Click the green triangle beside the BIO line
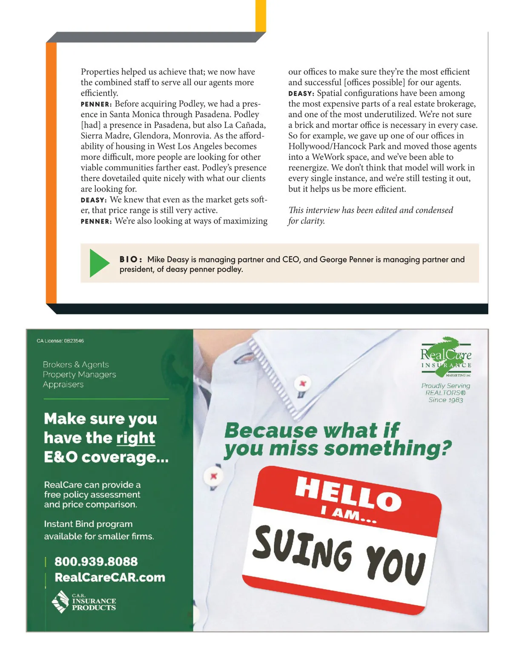99,263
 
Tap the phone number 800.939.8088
96,562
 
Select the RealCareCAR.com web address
110,577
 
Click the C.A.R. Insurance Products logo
84,602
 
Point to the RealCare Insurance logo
446,358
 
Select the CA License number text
60,341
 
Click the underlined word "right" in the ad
136,438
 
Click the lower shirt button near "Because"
214,476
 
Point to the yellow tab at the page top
261,15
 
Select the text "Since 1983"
445,400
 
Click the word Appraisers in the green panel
63,384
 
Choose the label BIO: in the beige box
130,259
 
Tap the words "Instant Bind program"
88,524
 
